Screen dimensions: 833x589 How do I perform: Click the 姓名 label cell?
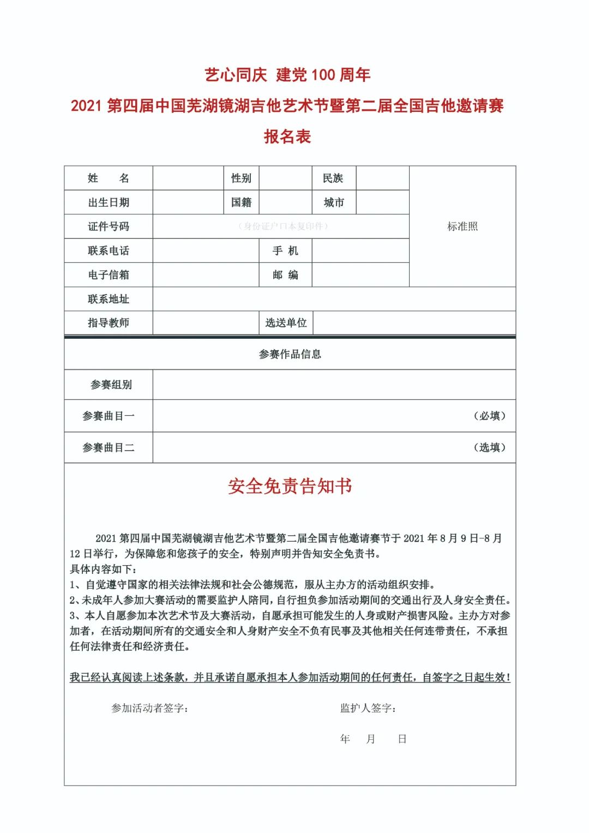pos(108,178)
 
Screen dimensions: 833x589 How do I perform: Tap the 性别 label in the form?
pos(241,178)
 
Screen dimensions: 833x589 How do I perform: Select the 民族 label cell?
pos(333,178)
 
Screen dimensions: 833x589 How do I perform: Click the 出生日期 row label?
pos(108,202)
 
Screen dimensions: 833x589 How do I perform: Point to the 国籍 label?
pos(241,202)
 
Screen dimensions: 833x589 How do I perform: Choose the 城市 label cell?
pos(334,202)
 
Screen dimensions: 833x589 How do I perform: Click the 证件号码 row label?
pos(108,226)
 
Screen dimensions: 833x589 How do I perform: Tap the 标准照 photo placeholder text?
pos(462,226)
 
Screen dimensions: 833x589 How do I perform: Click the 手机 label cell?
pos(285,251)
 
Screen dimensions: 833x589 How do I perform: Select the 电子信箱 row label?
pos(108,275)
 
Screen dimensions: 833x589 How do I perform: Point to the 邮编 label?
pos(285,275)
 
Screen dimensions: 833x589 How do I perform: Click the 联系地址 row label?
pos(108,299)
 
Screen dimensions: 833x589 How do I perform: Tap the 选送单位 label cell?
pos(286,323)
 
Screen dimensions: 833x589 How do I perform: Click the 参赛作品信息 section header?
pos(290,355)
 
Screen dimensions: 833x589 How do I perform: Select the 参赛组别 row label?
pos(111,385)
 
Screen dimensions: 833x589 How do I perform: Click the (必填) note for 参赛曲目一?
pos(489,416)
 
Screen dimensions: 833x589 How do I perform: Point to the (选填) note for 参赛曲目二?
pos(489,448)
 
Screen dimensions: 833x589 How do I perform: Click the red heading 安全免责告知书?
pos(290,486)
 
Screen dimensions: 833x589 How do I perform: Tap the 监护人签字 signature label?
pos(368,708)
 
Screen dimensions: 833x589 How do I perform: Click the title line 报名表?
pos(287,136)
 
